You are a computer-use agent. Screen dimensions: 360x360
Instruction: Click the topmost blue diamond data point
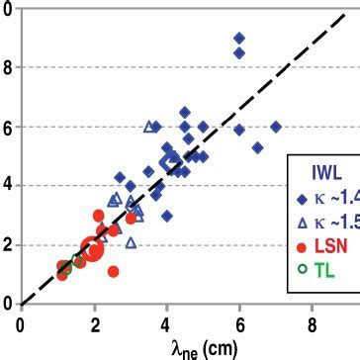(x=238, y=38)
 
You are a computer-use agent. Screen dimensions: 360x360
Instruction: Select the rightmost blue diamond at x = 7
(x=275, y=127)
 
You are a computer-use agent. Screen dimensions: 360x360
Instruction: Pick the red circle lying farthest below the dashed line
(x=114, y=271)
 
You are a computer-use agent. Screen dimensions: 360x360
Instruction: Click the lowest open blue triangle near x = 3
(x=131, y=242)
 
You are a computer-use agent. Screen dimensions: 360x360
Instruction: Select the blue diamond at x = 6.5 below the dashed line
(x=257, y=147)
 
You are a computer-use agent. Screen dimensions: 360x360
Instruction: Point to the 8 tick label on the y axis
(x=9, y=67)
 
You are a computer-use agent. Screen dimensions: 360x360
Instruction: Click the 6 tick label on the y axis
(x=9, y=127)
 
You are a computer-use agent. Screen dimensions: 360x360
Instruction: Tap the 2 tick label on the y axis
(x=9, y=245)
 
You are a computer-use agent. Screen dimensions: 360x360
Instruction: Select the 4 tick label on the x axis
(x=166, y=321)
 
